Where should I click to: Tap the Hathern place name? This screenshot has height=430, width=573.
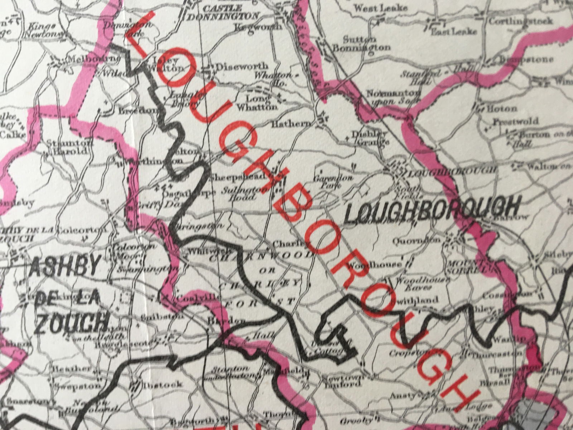291,124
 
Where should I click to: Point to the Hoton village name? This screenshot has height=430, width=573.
501,108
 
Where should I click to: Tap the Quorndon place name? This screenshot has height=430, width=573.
416,240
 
